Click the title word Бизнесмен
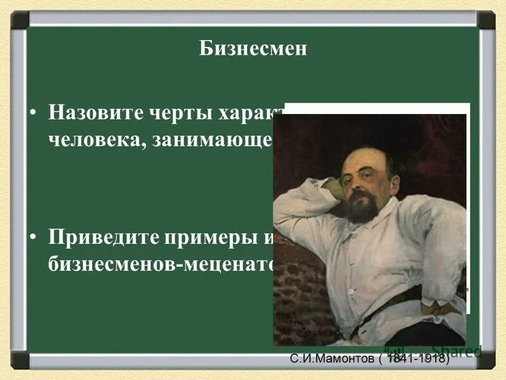(x=253, y=49)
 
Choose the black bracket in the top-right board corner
(x=486, y=20)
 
